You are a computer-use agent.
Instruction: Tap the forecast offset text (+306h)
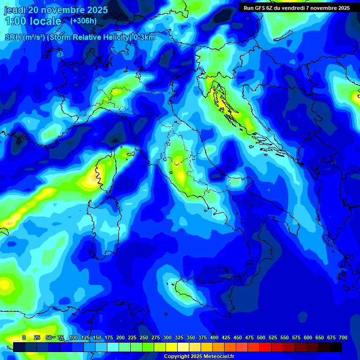(84, 21)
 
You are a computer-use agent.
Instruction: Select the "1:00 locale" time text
(33, 21)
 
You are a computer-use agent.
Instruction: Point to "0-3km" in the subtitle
(144, 37)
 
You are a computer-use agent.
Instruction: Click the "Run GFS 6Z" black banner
(297, 8)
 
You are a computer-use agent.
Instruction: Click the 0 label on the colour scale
(24, 337)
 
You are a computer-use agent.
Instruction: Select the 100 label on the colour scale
(74, 337)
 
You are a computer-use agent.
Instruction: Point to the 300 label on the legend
(167, 337)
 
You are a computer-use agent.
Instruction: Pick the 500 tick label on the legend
(261, 337)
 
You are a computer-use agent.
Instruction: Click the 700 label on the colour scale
(343, 337)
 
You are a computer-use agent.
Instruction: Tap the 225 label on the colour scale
(132, 337)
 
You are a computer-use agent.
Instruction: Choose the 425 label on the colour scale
(226, 337)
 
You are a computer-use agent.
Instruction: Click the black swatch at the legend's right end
(336, 347)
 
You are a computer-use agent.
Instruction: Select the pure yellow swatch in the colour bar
(172, 347)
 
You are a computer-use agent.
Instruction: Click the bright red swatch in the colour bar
(265, 347)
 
